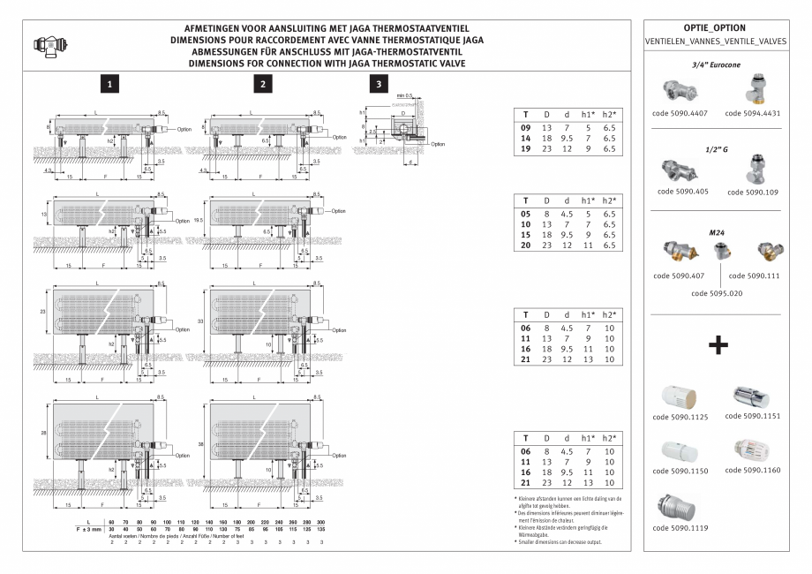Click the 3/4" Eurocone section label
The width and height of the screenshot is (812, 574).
click(x=716, y=65)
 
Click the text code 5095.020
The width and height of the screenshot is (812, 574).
click(x=716, y=292)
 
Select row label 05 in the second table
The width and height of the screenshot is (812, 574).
click(x=525, y=214)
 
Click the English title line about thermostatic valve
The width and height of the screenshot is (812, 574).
click(x=327, y=64)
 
